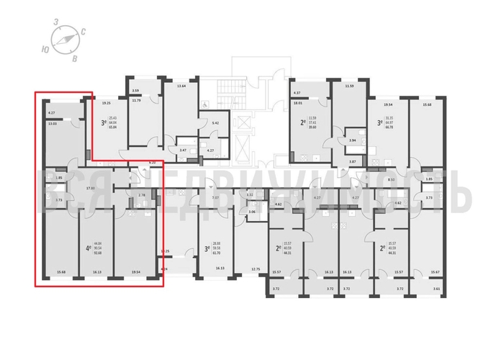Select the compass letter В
(75, 58)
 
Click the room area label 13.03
(51, 124)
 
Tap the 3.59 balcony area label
(135, 91)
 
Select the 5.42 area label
(215, 123)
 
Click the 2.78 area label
(142, 195)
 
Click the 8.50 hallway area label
(391, 179)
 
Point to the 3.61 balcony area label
(436, 289)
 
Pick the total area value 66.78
(389, 127)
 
